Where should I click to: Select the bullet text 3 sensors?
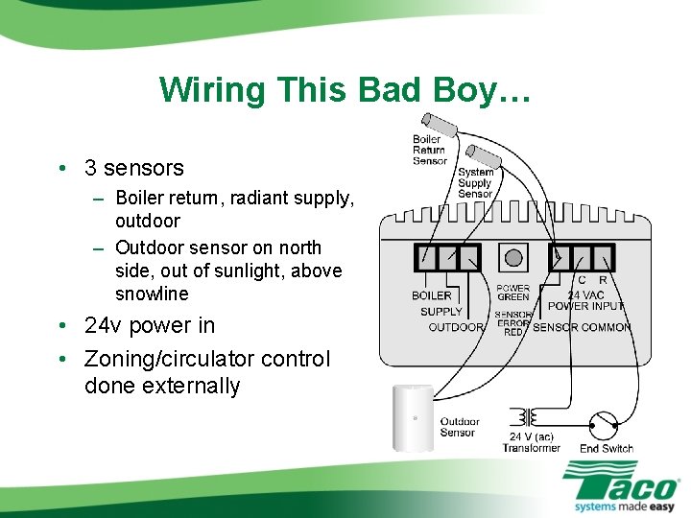133,168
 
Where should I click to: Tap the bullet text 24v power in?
149,325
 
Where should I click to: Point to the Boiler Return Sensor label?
429,150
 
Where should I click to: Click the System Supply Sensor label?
475,183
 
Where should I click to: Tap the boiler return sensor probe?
441,124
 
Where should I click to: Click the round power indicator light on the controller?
513,257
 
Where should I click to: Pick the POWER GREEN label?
513,293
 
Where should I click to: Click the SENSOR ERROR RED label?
513,323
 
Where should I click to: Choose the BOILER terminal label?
431,295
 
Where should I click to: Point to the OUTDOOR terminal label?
455,327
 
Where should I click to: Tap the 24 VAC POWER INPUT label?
585,300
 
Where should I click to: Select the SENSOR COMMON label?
582,327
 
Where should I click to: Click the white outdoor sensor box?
414,417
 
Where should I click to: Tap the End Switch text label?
606,448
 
